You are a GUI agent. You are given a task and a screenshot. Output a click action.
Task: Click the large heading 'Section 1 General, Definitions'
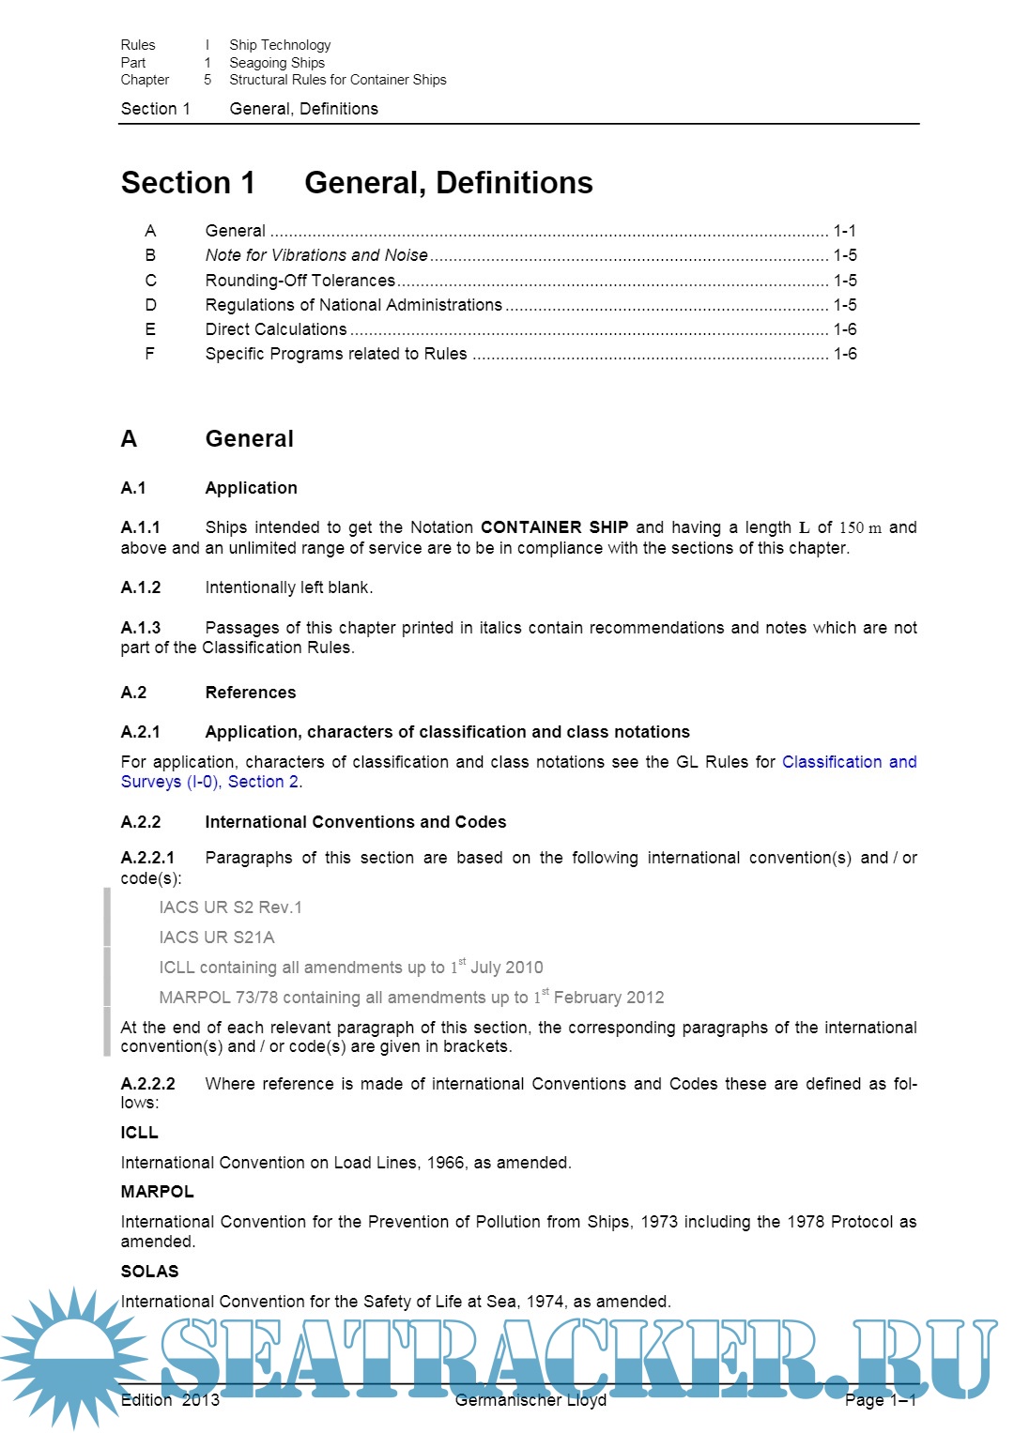tap(357, 182)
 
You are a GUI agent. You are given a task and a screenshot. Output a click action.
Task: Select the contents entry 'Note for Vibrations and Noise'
tap(316, 255)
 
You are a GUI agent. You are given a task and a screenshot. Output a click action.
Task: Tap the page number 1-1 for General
tap(844, 231)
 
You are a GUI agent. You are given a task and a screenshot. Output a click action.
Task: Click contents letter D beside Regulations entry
tap(150, 305)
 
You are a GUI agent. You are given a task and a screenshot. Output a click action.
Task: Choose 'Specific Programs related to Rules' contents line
tap(336, 354)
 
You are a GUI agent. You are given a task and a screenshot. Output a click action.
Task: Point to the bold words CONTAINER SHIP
tap(554, 527)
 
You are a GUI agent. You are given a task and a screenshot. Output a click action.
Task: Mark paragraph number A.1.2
tap(141, 587)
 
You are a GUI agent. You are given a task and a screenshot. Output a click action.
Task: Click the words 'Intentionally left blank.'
tap(289, 587)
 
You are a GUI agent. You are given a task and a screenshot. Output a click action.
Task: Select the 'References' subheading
tap(251, 693)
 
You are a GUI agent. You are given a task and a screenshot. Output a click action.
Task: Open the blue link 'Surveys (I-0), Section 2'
tap(210, 782)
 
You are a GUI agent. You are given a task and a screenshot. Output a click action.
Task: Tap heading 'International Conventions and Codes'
tap(355, 822)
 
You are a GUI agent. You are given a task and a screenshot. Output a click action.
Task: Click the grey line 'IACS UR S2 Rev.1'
tap(231, 907)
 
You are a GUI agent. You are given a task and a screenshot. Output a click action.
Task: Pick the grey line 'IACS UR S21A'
tap(217, 938)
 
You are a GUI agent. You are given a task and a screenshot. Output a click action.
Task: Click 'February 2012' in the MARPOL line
tap(608, 998)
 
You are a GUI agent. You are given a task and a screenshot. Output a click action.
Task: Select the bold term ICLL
tap(140, 1133)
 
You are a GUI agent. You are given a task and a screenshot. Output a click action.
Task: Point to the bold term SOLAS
tap(149, 1272)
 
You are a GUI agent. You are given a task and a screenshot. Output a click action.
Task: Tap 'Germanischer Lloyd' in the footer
tap(530, 1400)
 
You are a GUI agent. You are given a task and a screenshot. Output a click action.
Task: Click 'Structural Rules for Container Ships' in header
tap(338, 80)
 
